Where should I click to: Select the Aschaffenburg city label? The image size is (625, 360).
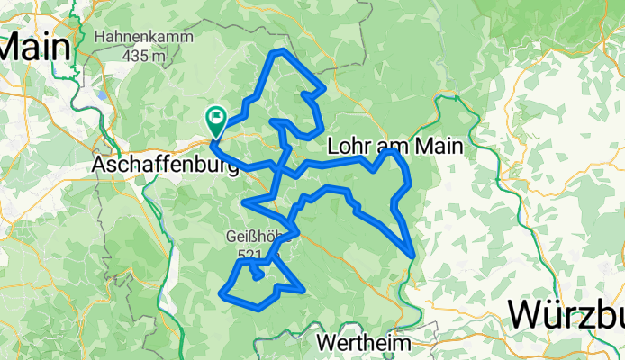click(166, 166)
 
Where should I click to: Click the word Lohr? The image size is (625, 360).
click(350, 146)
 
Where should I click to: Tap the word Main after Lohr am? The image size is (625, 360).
click(439, 146)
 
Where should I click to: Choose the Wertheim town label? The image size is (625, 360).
click(364, 343)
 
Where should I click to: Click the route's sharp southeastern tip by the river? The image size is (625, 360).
click(413, 256)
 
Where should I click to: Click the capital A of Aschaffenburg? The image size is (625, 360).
click(101, 166)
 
